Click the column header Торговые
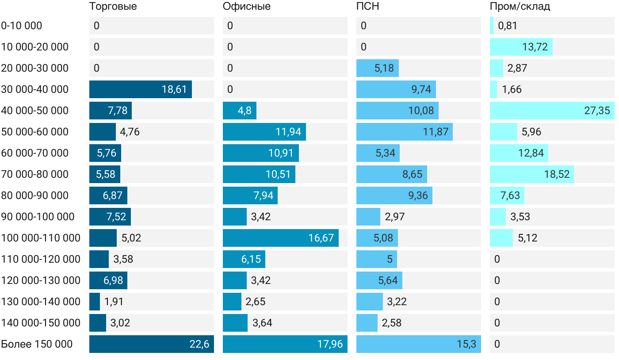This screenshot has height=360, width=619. pyautogui.click(x=113, y=6)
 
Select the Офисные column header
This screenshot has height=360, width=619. pyautogui.click(x=246, y=6)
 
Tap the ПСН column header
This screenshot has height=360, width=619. pyautogui.click(x=367, y=6)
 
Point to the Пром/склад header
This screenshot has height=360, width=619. pyautogui.click(x=520, y=6)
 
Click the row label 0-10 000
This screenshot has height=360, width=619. pyautogui.click(x=22, y=26)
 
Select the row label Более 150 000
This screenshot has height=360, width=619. pyautogui.click(x=37, y=344)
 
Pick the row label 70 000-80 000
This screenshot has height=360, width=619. pyautogui.click(x=35, y=174)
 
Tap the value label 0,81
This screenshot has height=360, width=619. pyautogui.click(x=507, y=26)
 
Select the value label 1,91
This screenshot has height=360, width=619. pyautogui.click(x=114, y=302)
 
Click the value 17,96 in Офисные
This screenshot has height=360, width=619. pyautogui.click(x=330, y=344)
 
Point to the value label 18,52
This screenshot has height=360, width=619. pyautogui.click(x=557, y=174)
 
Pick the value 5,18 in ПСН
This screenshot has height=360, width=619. pyautogui.click(x=384, y=68)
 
